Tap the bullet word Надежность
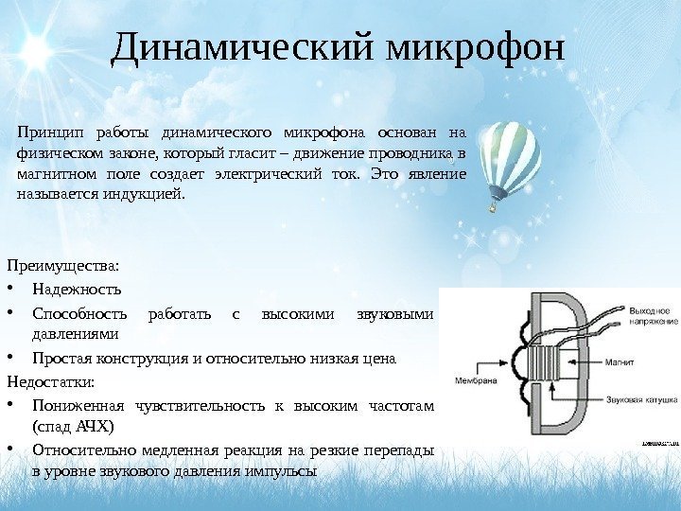tap(77, 289)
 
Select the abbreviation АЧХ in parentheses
tap(60, 427)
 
